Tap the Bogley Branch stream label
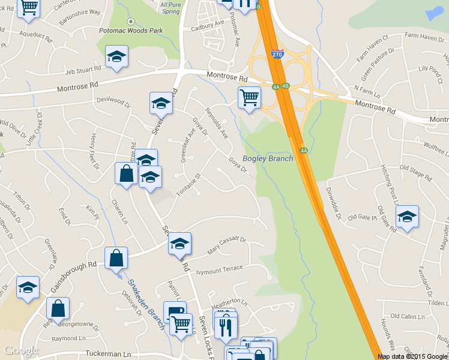(268, 158)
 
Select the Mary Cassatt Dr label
(227, 244)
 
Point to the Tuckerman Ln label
(107, 354)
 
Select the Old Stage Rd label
(415, 173)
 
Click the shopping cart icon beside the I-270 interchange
(249, 97)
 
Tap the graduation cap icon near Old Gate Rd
(408, 217)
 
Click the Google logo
(21, 350)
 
